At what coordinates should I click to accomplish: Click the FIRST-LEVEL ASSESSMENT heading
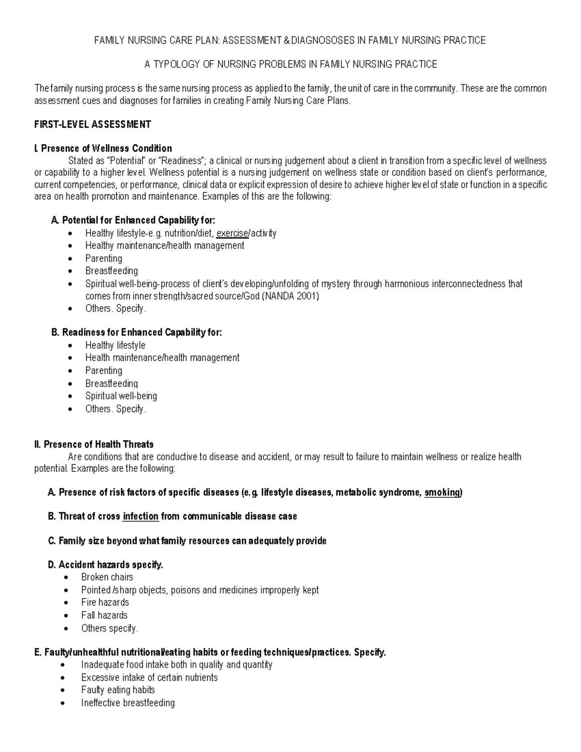click(x=92, y=124)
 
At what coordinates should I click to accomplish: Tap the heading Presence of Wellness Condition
click(x=106, y=148)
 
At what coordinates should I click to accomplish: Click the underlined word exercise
click(x=232, y=233)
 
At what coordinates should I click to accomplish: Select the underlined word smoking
click(x=442, y=493)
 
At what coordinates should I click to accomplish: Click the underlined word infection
click(x=140, y=517)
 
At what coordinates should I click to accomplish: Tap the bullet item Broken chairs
click(x=107, y=577)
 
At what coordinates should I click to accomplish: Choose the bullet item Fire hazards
click(x=105, y=602)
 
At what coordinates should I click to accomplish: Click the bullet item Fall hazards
click(x=104, y=615)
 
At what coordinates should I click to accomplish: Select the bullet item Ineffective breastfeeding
click(x=128, y=703)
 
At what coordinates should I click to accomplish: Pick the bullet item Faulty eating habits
click(x=118, y=690)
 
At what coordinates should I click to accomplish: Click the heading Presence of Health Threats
click(x=98, y=445)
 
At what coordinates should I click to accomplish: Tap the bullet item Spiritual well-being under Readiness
click(x=121, y=396)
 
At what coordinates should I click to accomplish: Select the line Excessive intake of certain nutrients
click(x=149, y=677)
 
